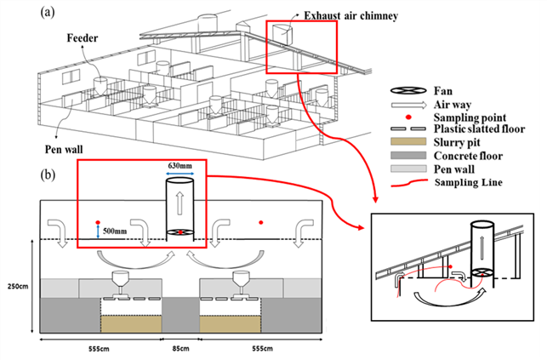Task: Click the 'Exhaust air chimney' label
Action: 351,15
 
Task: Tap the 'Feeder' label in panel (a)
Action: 83,37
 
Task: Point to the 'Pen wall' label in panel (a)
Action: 64,149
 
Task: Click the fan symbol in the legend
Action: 408,91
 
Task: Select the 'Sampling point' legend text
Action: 470,117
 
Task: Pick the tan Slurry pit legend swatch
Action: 408,141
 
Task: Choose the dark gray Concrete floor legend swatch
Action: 408,155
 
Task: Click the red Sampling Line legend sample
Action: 409,183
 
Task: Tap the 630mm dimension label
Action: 179,165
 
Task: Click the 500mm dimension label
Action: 115,231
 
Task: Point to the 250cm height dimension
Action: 18,287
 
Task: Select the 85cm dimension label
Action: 180,348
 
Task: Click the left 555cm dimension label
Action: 99,348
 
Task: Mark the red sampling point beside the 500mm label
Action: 98,222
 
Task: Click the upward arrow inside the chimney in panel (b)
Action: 179,203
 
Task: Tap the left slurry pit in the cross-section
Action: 131,324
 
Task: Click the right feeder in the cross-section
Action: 241,284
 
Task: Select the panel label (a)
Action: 48,13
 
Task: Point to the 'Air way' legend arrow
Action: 408,105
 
